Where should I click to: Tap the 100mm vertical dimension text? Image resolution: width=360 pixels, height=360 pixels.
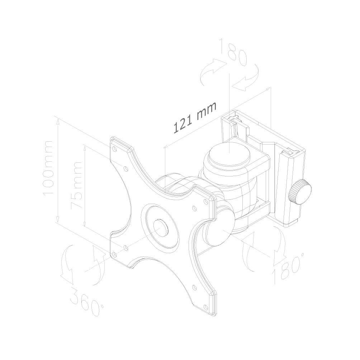(48, 168)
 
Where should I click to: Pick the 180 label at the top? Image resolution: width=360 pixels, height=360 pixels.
(233, 52)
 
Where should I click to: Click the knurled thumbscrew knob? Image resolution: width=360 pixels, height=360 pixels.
(300, 192)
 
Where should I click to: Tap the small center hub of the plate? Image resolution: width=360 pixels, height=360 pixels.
(161, 228)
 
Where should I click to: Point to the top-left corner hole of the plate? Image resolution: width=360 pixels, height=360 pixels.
(115, 149)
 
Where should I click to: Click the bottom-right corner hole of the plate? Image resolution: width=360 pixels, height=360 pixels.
(205, 306)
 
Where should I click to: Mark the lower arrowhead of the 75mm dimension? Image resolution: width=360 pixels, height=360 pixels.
(85, 224)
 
